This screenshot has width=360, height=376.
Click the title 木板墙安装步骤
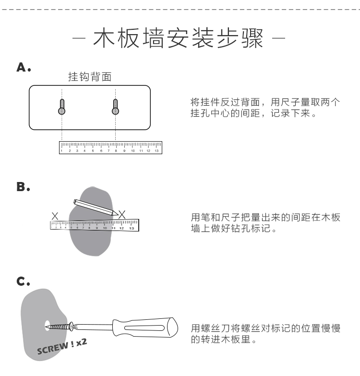pos(180,38)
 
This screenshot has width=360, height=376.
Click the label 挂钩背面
pos(90,77)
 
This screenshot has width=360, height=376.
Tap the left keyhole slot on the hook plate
pos(62,107)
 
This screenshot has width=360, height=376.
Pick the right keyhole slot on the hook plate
pos(115,107)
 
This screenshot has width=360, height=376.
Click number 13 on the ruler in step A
pos(156,151)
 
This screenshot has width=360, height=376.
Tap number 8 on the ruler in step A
pos(116,151)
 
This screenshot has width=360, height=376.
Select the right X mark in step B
pos(122,214)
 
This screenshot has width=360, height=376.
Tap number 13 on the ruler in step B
pos(131,228)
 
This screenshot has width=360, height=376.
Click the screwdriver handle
pos(144,329)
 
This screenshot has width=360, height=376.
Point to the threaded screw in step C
pos(60,327)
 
